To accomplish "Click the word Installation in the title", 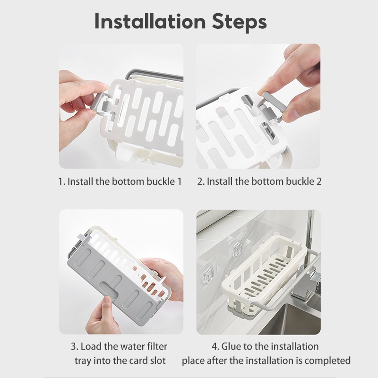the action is coord(150,21).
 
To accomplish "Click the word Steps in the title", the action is coord(239,23).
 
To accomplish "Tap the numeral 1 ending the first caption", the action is coord(179,181).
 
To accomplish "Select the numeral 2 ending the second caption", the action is coord(318,181).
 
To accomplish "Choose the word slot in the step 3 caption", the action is coord(157,361).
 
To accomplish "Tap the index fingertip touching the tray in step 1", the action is coord(103,86).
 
